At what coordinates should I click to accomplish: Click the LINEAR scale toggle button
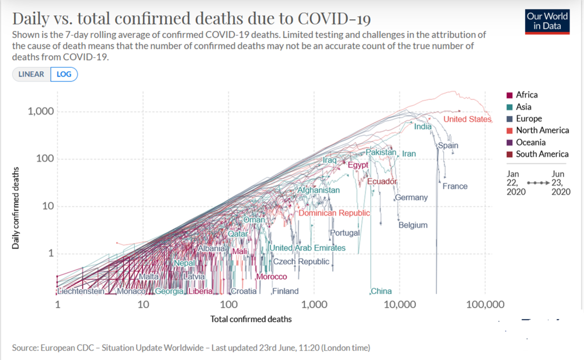[x=31, y=74]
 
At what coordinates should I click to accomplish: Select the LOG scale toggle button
[x=64, y=74]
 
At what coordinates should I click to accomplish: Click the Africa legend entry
[x=526, y=95]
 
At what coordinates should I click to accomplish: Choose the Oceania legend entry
[x=530, y=142]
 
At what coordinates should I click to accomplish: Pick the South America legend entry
[x=541, y=154]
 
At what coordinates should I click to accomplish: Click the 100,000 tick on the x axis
[x=486, y=304]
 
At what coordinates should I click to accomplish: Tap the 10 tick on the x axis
[x=142, y=304]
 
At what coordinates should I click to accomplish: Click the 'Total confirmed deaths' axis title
[x=251, y=319]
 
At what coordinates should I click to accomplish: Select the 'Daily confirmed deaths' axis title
[x=16, y=209]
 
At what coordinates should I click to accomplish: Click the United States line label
[x=467, y=119]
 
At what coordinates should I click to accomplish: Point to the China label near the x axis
[x=381, y=291]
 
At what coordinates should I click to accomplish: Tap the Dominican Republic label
[x=334, y=213]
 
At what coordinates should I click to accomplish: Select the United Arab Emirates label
[x=307, y=248]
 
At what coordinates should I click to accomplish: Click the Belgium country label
[x=413, y=225]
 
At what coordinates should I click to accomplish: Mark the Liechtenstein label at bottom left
[x=81, y=291]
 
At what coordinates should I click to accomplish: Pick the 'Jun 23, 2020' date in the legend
[x=559, y=182]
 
